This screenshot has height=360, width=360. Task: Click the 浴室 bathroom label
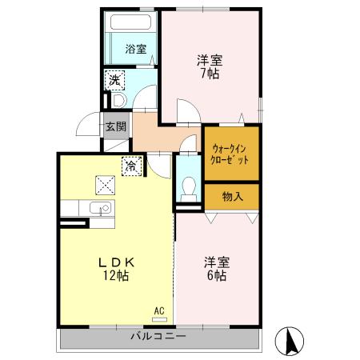[x=135, y=50]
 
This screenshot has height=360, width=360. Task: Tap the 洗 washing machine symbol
[x=114, y=80]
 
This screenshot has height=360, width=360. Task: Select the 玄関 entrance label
[x=115, y=126]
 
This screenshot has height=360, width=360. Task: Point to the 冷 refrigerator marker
[x=130, y=166]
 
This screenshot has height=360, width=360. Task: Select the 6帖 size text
[x=217, y=276]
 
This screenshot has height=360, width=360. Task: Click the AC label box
[x=158, y=310]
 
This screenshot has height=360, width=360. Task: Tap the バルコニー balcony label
[x=158, y=336]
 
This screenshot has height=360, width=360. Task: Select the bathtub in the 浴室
[x=131, y=25]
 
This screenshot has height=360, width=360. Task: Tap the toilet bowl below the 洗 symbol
[x=116, y=102]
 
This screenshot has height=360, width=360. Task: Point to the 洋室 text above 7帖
[x=210, y=59]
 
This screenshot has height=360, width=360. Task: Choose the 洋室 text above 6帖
[x=216, y=262]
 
